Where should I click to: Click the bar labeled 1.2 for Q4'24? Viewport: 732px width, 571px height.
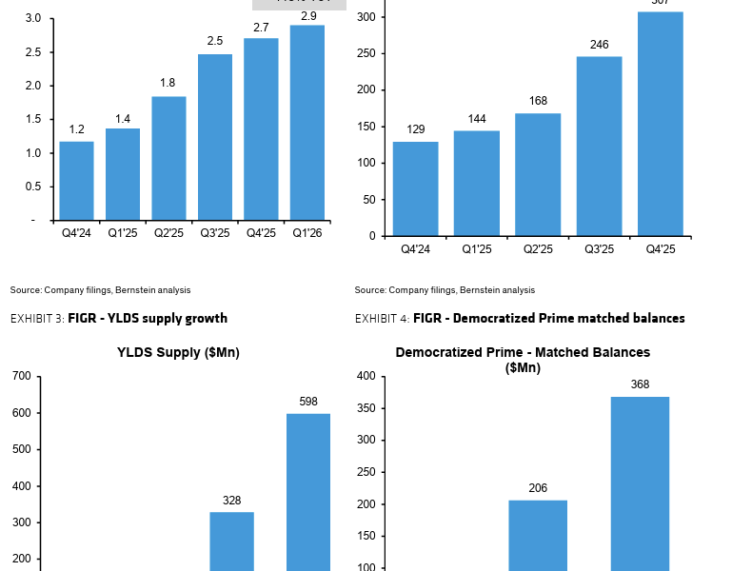click(76, 180)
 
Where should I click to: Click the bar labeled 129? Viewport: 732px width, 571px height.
click(416, 188)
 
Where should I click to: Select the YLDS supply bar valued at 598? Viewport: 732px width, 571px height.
click(307, 491)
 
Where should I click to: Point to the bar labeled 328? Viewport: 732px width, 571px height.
click(232, 541)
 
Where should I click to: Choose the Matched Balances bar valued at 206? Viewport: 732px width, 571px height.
click(538, 535)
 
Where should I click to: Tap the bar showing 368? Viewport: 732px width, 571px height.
click(640, 483)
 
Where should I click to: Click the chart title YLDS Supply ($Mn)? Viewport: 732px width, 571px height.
click(178, 353)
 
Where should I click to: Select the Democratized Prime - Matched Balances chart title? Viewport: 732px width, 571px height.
click(523, 359)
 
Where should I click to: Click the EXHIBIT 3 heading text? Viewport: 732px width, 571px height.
click(119, 319)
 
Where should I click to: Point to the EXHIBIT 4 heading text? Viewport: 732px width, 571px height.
click(519, 319)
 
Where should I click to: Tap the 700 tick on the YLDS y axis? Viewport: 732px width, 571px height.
click(21, 377)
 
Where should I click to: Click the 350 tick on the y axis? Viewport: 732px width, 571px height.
click(366, 409)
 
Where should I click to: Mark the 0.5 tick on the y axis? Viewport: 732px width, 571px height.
click(32, 187)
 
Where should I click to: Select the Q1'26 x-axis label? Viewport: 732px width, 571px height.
click(307, 233)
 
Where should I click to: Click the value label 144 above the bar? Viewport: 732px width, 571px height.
click(476, 119)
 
